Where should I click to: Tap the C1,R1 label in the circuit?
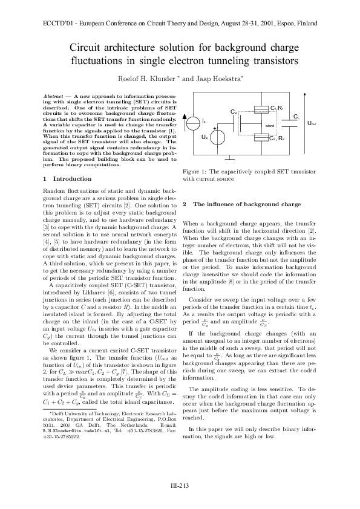277,108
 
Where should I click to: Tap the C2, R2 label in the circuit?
277,139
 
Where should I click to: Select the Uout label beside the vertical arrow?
312,123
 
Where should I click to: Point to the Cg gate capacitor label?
234,112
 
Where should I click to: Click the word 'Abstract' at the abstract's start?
53,96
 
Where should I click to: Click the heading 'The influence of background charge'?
246,204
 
